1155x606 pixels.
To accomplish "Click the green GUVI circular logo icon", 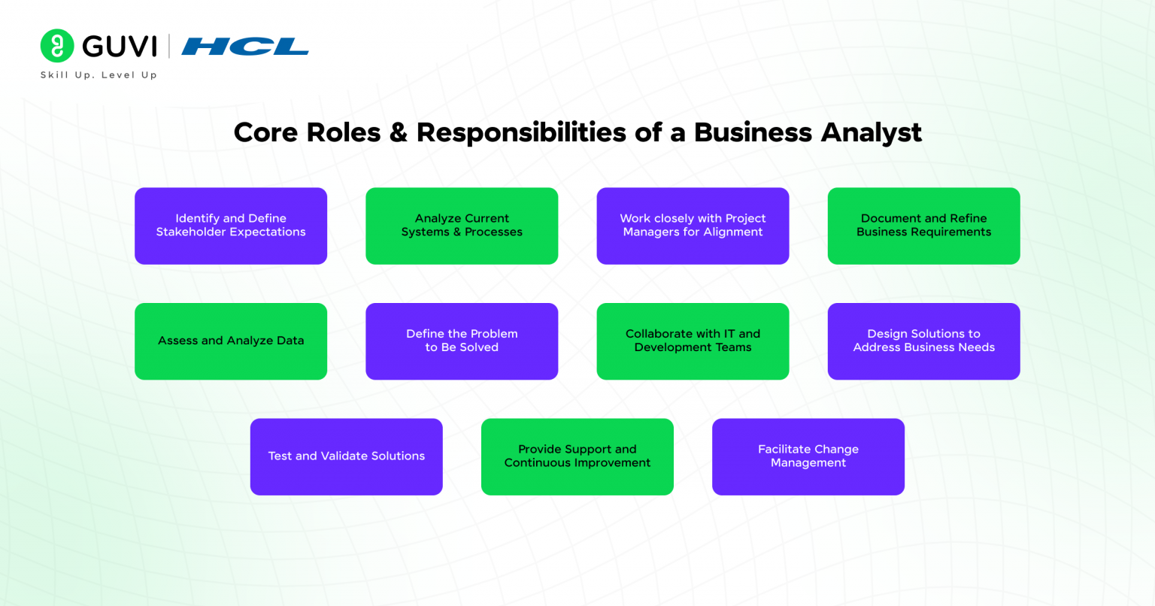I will pyautogui.click(x=57, y=45).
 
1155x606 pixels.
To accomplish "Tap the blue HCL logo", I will pyautogui.click(x=245, y=47).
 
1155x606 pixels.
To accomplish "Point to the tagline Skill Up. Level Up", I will pyautogui.click(x=99, y=75).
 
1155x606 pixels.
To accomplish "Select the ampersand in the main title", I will pyautogui.click(x=399, y=133).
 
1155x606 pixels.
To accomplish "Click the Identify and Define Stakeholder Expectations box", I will pyautogui.click(x=231, y=226).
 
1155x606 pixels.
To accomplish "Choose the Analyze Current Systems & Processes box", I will pyautogui.click(x=462, y=226).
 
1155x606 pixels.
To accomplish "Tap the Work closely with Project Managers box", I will pyautogui.click(x=693, y=226).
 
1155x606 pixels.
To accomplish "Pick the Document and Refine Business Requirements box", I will pyautogui.click(x=923, y=226).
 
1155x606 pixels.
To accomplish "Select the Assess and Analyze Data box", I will pyautogui.click(x=231, y=341).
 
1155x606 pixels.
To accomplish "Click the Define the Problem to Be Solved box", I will pyautogui.click(x=462, y=341).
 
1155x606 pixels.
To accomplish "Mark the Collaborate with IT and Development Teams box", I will pyautogui.click(x=693, y=341).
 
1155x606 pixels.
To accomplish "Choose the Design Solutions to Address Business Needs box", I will pyautogui.click(x=923, y=341).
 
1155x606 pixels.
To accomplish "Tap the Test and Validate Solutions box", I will pyautogui.click(x=346, y=456).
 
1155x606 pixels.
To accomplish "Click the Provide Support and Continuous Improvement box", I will pyautogui.click(x=577, y=456).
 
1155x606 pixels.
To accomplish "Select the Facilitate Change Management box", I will pyautogui.click(x=808, y=456).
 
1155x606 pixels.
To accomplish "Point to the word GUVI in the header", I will pyautogui.click(x=120, y=47).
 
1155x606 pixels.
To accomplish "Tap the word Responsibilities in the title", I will pyautogui.click(x=521, y=133).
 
